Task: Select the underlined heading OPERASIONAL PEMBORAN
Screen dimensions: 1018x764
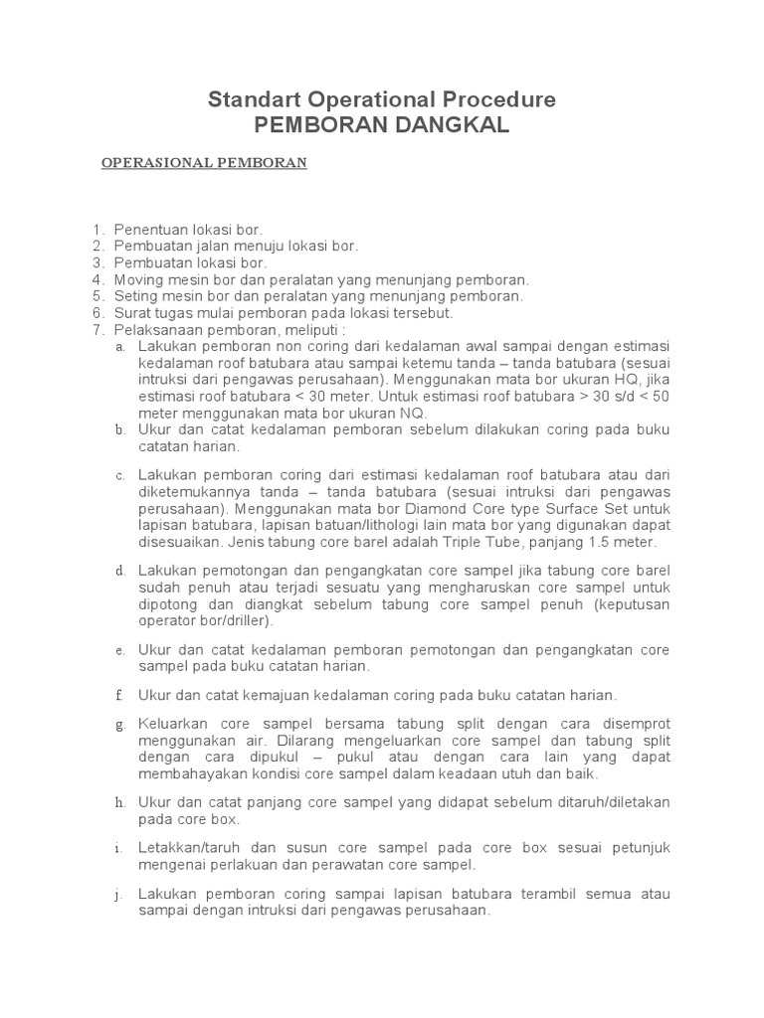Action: [204, 162]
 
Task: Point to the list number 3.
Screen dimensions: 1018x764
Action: [96, 263]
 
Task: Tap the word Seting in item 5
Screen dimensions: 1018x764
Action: [134, 296]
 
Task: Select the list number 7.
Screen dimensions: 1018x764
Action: [96, 330]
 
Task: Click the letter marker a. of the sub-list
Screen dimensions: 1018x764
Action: [119, 347]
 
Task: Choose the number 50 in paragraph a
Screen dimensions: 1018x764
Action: [661, 397]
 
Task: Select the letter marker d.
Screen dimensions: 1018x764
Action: [119, 571]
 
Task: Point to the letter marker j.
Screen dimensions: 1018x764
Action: [119, 895]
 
